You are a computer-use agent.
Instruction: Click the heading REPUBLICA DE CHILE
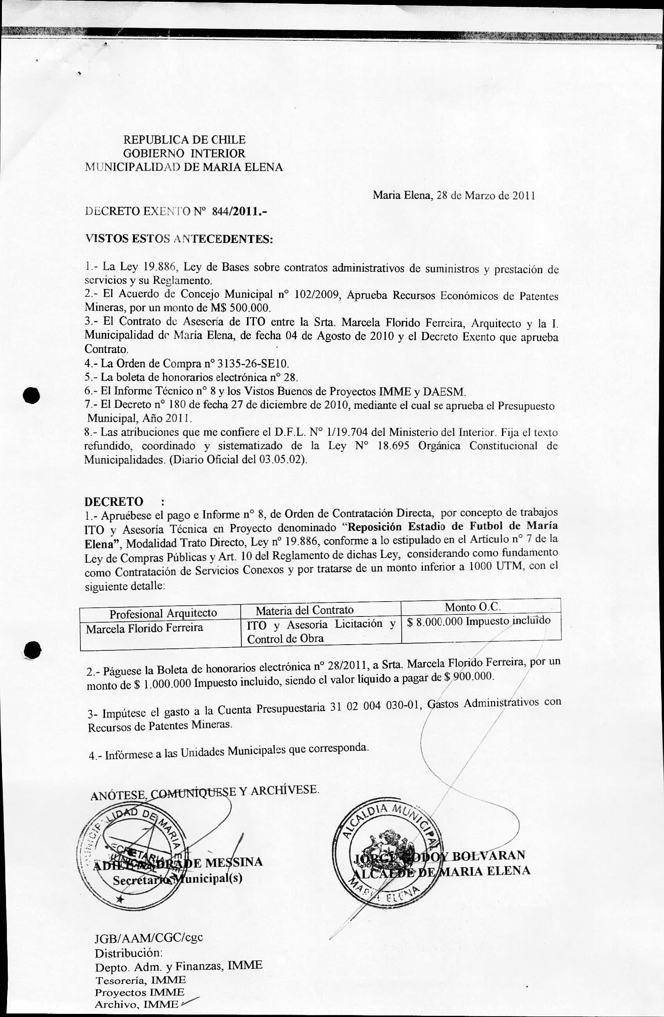[x=184, y=140]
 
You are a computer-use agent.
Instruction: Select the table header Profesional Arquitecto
[x=163, y=613]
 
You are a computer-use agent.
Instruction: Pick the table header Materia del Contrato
[x=304, y=610]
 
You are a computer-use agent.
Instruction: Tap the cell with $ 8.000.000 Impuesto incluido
[x=479, y=621]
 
